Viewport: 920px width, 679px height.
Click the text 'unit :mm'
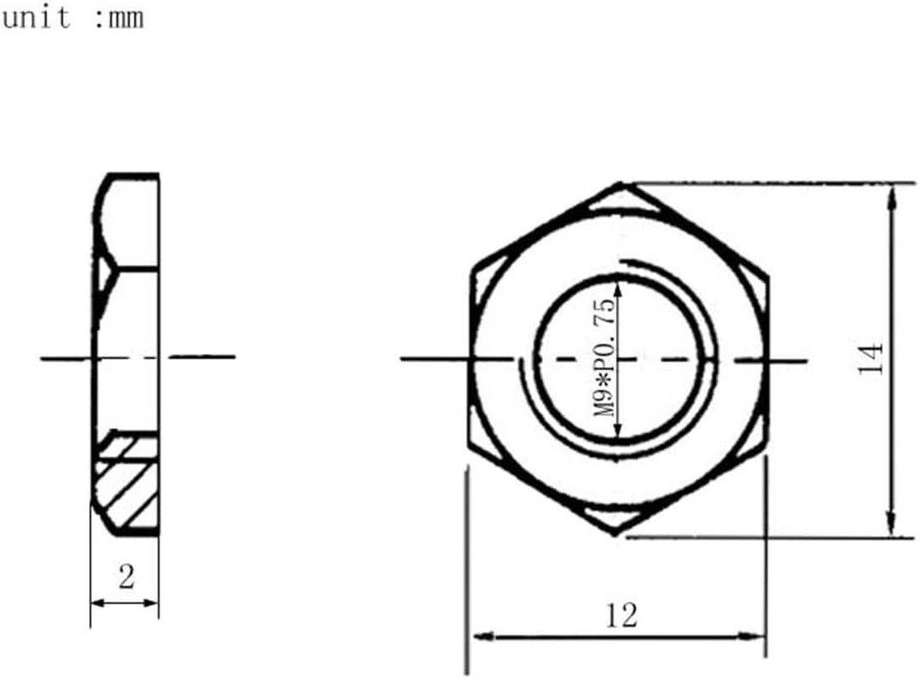click(71, 18)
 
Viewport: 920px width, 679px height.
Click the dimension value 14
click(871, 359)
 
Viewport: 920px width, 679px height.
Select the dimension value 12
click(621, 614)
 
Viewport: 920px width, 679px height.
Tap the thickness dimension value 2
click(126, 578)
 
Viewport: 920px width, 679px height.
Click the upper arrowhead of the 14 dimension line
click(891, 196)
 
